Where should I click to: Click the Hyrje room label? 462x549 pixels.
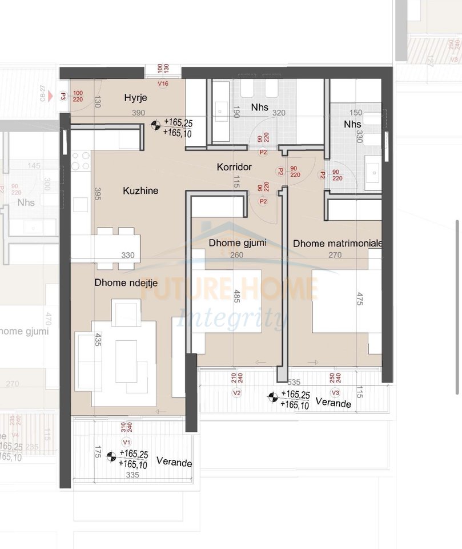tap(135, 98)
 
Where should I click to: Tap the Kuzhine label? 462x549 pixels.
tap(140, 190)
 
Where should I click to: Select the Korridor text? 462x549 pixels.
tap(234, 167)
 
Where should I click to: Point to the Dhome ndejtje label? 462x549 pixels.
tap(123, 281)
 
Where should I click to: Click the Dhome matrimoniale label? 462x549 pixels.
tap(338, 244)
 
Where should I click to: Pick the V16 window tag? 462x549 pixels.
tap(163, 83)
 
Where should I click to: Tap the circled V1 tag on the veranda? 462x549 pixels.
tap(127, 442)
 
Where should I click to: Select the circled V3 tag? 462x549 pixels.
tap(336, 392)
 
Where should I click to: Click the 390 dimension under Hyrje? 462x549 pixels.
tap(138, 113)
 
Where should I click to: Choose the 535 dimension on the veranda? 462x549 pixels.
tap(294, 381)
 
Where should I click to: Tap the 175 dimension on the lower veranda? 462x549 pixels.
tap(98, 453)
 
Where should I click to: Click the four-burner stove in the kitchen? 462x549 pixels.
tap(81, 160)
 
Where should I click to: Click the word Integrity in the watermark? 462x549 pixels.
tap(231, 317)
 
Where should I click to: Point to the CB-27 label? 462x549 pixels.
tap(42, 93)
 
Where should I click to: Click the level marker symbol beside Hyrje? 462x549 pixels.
tap(155, 125)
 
